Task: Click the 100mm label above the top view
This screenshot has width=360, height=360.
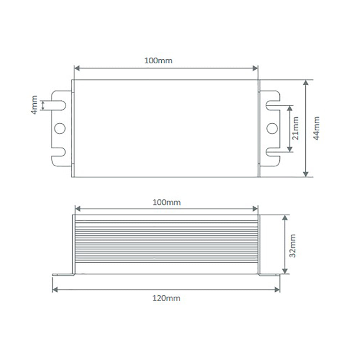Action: [x=158, y=60]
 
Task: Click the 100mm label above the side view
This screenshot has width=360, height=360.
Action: [x=167, y=202]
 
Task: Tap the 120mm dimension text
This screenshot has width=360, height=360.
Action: [x=166, y=298]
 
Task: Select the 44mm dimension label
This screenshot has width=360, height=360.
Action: [x=316, y=128]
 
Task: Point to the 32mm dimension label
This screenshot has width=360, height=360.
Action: [x=292, y=246]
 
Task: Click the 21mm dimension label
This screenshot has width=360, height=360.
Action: [x=295, y=128]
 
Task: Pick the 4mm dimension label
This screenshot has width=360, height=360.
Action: [x=34, y=105]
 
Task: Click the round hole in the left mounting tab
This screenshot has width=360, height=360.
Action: [x=60, y=128]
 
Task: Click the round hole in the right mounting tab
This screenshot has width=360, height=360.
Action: [x=272, y=128]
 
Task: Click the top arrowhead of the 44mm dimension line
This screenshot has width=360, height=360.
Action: [x=306, y=83]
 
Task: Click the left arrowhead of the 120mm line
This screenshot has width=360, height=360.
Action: [x=55, y=289]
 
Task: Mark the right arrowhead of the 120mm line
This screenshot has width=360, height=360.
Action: [x=278, y=289]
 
